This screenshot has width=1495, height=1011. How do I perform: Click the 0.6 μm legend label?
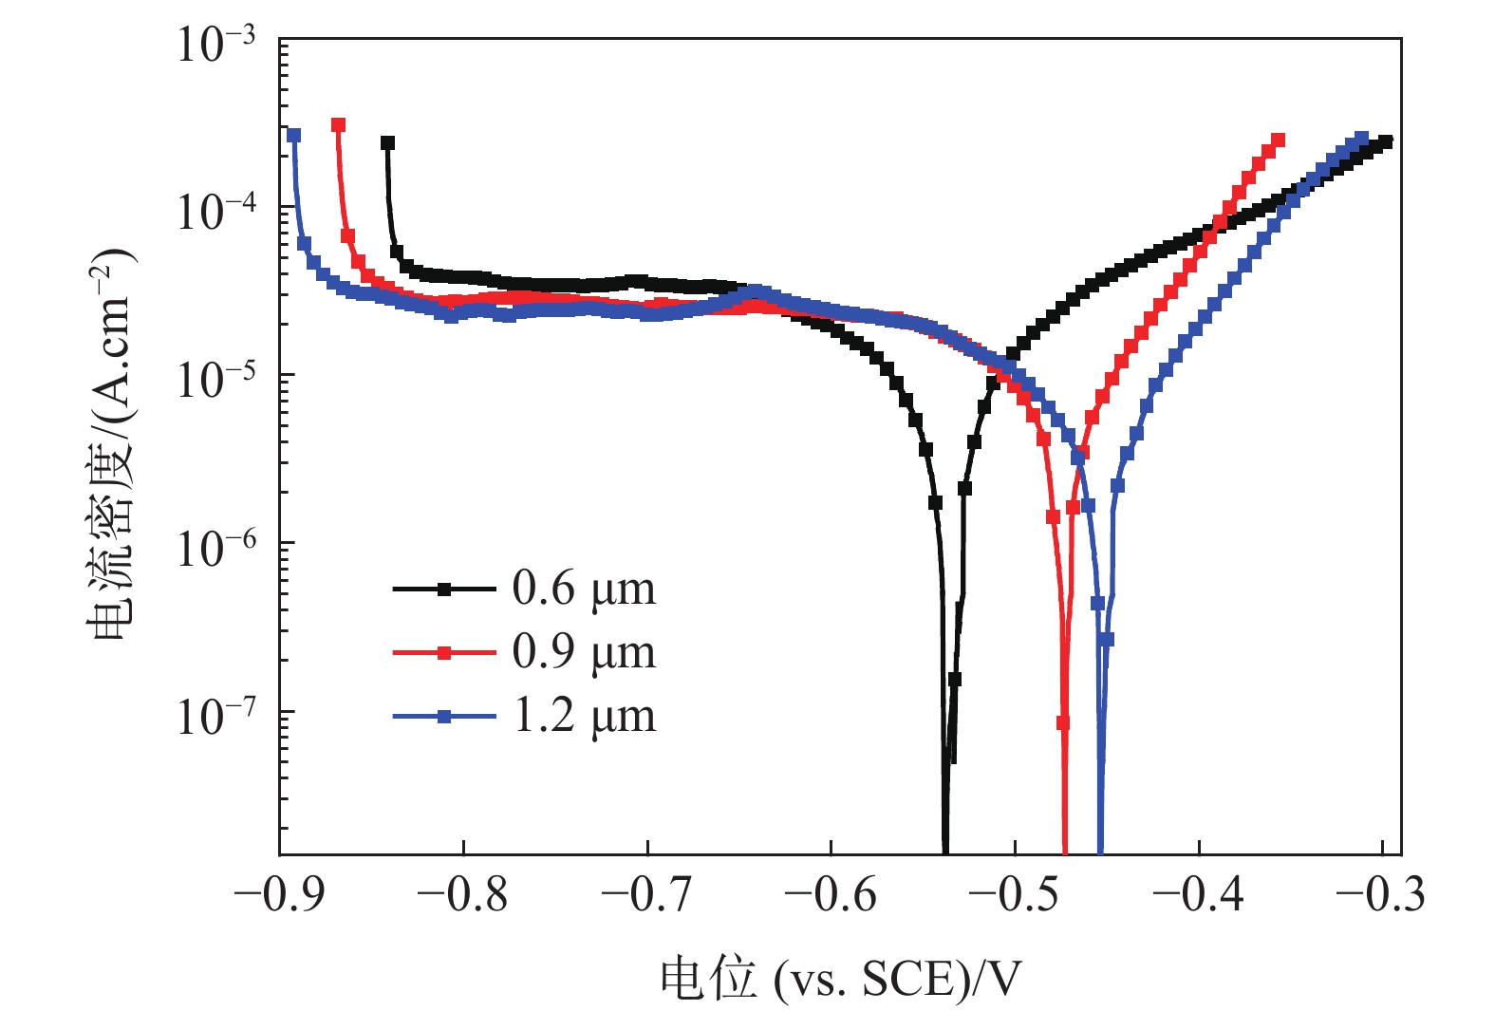pos(583,590)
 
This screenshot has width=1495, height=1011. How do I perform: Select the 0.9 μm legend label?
pos(583,653)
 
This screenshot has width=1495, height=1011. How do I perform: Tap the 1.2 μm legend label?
pos(583,717)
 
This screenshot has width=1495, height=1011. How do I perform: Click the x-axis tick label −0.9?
pos(278,894)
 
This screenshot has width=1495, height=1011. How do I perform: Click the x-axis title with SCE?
pos(841,979)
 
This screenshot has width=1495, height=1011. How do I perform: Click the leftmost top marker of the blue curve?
pos(294,136)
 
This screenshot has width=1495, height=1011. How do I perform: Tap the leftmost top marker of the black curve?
pos(387,143)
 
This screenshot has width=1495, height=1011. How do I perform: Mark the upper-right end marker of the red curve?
pos(1278,140)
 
